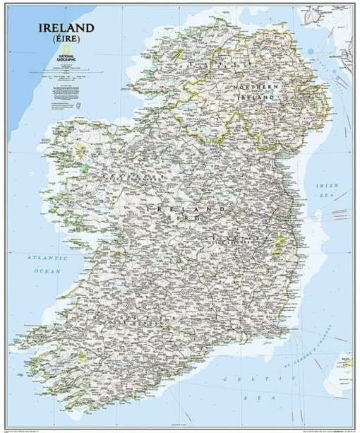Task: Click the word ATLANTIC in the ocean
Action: pyautogui.click(x=47, y=259)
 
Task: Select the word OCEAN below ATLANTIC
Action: pyautogui.click(x=47, y=270)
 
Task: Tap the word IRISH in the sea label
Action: pyautogui.click(x=327, y=185)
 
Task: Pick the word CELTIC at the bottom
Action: pyautogui.click(x=241, y=379)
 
